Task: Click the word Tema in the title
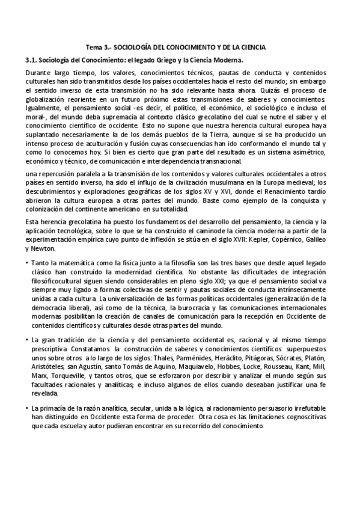(94, 47)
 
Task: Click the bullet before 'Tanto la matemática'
(28, 263)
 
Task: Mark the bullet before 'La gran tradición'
(28, 340)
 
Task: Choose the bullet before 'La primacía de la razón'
(28, 408)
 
